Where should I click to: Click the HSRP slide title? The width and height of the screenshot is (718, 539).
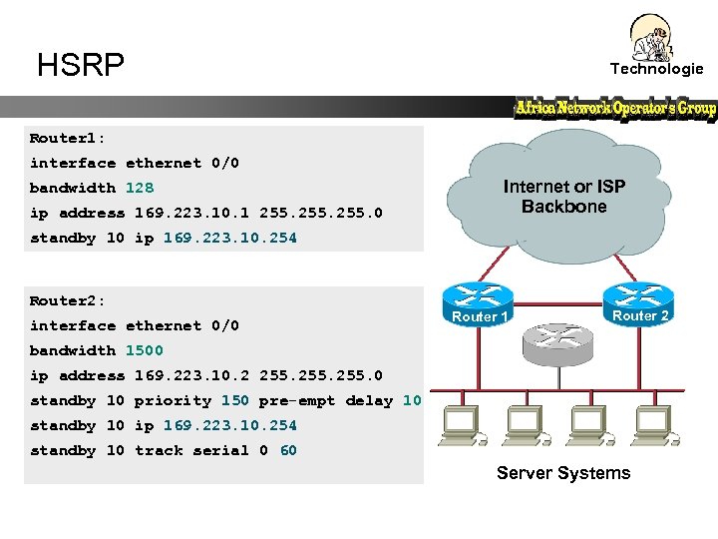coord(81,66)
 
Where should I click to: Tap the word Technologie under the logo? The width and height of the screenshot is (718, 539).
coord(656,69)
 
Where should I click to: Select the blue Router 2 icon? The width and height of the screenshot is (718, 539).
coord(638,295)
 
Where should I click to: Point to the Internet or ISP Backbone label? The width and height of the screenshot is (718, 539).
coord(563,197)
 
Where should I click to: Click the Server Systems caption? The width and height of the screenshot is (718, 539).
coord(563,473)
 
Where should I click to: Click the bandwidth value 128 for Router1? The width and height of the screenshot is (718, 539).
coord(140,188)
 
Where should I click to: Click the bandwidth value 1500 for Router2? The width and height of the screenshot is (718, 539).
coord(144,350)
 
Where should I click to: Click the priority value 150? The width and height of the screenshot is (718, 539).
coord(235,400)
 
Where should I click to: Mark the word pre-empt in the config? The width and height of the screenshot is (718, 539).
coord(297,400)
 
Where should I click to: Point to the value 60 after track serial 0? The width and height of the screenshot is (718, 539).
coord(288,450)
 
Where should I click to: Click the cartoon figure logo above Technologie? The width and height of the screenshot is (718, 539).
coord(653,37)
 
